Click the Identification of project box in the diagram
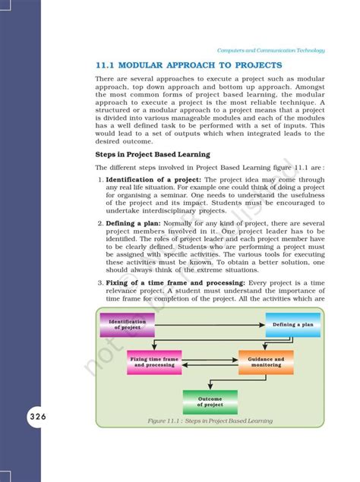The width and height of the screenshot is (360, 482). pyautogui.click(x=127, y=324)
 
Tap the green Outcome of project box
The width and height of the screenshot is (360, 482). pyautogui.click(x=210, y=401)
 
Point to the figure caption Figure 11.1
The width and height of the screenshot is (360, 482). pyautogui.click(x=210, y=421)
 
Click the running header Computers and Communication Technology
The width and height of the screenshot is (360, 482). pyautogui.click(x=271, y=50)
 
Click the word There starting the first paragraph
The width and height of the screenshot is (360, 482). pyautogui.click(x=107, y=78)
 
